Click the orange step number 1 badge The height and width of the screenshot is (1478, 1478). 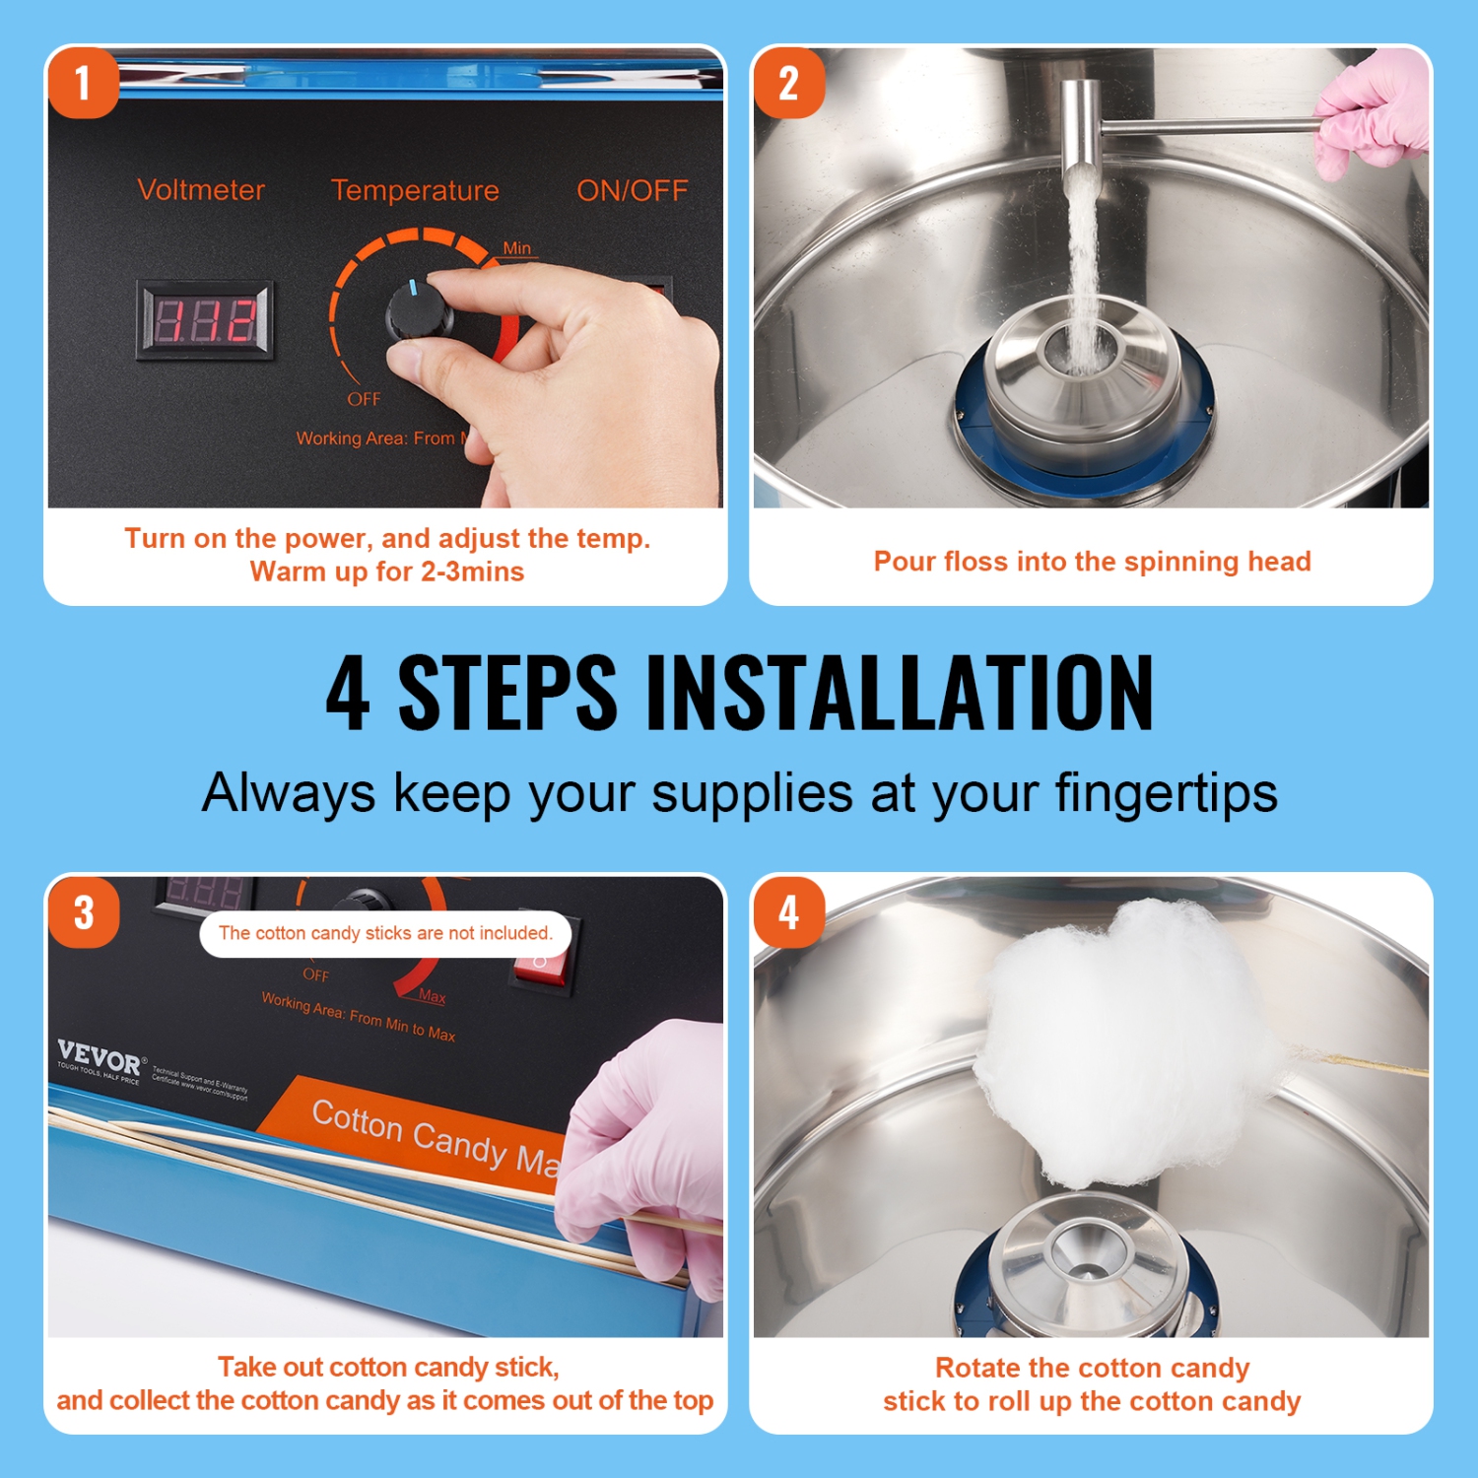pos(84,83)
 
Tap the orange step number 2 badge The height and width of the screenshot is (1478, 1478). pos(788,83)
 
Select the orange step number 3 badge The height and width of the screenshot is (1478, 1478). pos(84,912)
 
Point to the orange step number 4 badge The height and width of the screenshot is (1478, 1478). pos(788,912)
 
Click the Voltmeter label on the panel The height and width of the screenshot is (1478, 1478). pos(201,190)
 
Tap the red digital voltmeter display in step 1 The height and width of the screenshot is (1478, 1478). pos(205,320)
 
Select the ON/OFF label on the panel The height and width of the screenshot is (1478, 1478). pos(632,191)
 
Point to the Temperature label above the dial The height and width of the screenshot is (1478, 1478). pos(415,190)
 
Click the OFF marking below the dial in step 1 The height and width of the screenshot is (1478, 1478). pos(364,399)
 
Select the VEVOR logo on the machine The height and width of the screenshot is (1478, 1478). pos(100,1058)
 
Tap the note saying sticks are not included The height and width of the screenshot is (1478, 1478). pos(385,933)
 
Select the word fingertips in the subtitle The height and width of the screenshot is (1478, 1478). pos(1166,793)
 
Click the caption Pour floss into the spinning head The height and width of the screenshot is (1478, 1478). pos(1092,562)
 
